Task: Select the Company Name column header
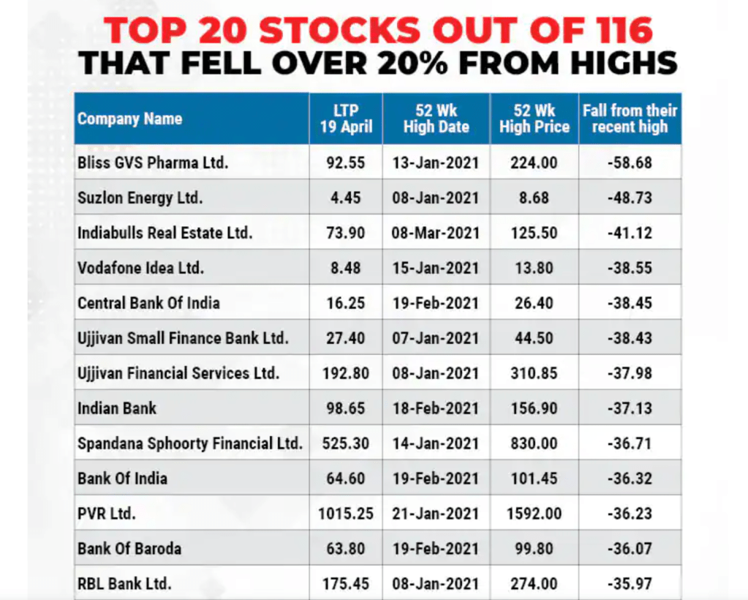pyautogui.click(x=129, y=119)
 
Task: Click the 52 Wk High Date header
pyautogui.click(x=436, y=119)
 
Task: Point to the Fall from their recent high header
pyautogui.click(x=630, y=119)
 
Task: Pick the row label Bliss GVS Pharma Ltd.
pyautogui.click(x=153, y=162)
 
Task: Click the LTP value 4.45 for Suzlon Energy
pyautogui.click(x=345, y=198)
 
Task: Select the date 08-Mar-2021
pyautogui.click(x=436, y=233)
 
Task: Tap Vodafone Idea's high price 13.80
pyautogui.click(x=534, y=268)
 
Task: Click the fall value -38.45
pyautogui.click(x=630, y=303)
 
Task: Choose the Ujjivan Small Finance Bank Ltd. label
pyautogui.click(x=183, y=338)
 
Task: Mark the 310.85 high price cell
pyautogui.click(x=534, y=373)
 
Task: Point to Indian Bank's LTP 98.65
pyautogui.click(x=345, y=408)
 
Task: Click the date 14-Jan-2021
pyautogui.click(x=436, y=443)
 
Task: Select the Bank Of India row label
pyautogui.click(x=122, y=479)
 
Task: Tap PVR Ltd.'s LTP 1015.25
pyautogui.click(x=345, y=514)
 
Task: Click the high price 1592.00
pyautogui.click(x=534, y=514)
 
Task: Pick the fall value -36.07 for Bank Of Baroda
pyautogui.click(x=630, y=549)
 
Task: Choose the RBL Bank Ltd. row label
pyautogui.click(x=124, y=584)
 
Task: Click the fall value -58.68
pyautogui.click(x=630, y=162)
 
